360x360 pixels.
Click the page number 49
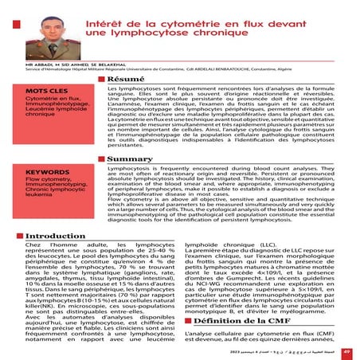click(346, 350)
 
